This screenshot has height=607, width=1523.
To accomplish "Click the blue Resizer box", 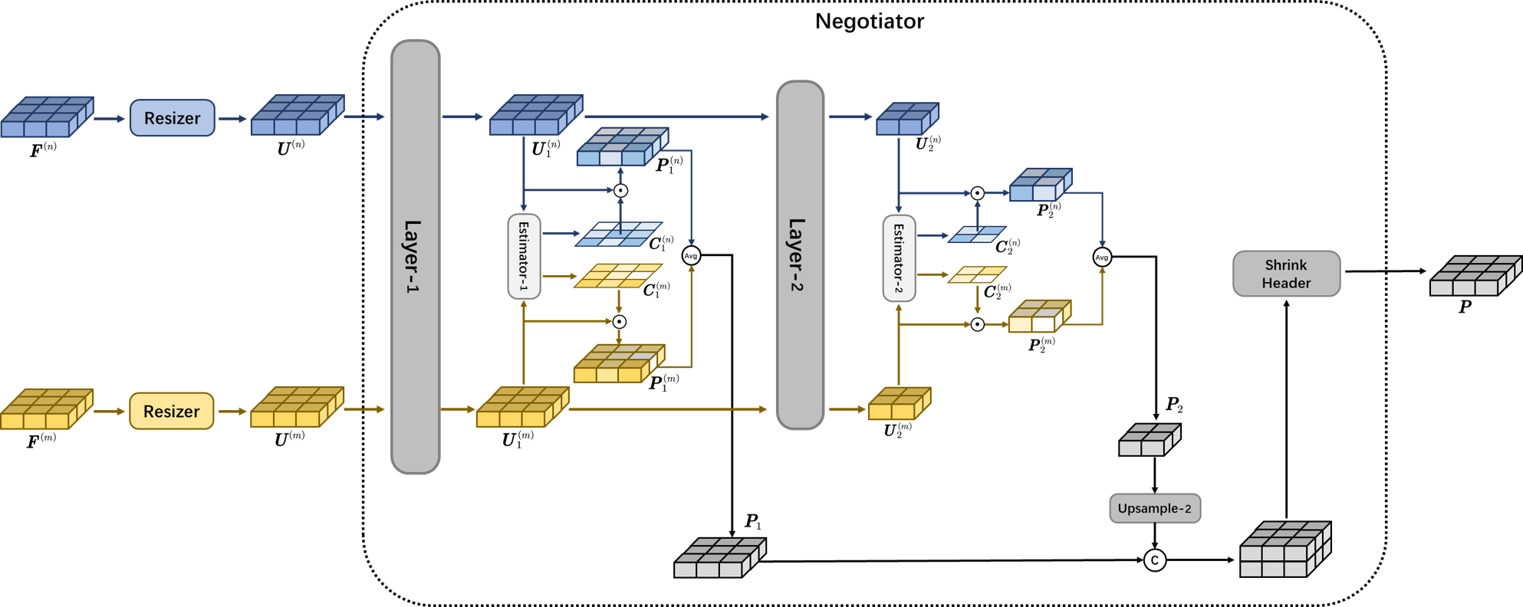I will (172, 118).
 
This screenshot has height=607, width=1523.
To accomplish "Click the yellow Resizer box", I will (171, 411).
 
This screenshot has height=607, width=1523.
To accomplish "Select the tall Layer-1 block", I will (415, 257).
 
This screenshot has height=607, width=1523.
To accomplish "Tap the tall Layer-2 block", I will (799, 255).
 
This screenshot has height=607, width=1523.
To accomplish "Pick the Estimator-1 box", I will (524, 256).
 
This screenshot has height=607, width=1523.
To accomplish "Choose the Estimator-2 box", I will (898, 258).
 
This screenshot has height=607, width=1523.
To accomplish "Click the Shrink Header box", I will (1286, 274).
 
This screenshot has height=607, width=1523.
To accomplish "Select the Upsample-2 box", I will (1154, 508).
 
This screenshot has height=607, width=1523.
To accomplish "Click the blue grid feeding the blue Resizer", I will (46, 117).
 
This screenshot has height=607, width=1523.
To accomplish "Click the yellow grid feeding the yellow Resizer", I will (46, 409).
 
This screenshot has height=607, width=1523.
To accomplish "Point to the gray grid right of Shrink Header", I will (1475, 277).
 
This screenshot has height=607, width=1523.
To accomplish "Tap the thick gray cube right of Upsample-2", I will (1285, 550).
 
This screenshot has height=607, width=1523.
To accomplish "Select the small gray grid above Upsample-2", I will (1149, 440).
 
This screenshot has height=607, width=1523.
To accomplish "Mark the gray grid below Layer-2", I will (719, 558).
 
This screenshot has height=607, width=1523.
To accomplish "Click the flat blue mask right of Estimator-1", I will (619, 235).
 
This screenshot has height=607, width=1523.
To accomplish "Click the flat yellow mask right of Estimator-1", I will (619, 276).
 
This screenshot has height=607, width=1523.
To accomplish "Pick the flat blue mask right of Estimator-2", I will (977, 235).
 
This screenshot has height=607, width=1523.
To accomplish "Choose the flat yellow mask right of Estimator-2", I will (977, 274).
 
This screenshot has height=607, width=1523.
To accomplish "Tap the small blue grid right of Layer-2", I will (907, 119).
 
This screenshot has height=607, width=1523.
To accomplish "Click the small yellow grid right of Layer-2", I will (899, 404).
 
